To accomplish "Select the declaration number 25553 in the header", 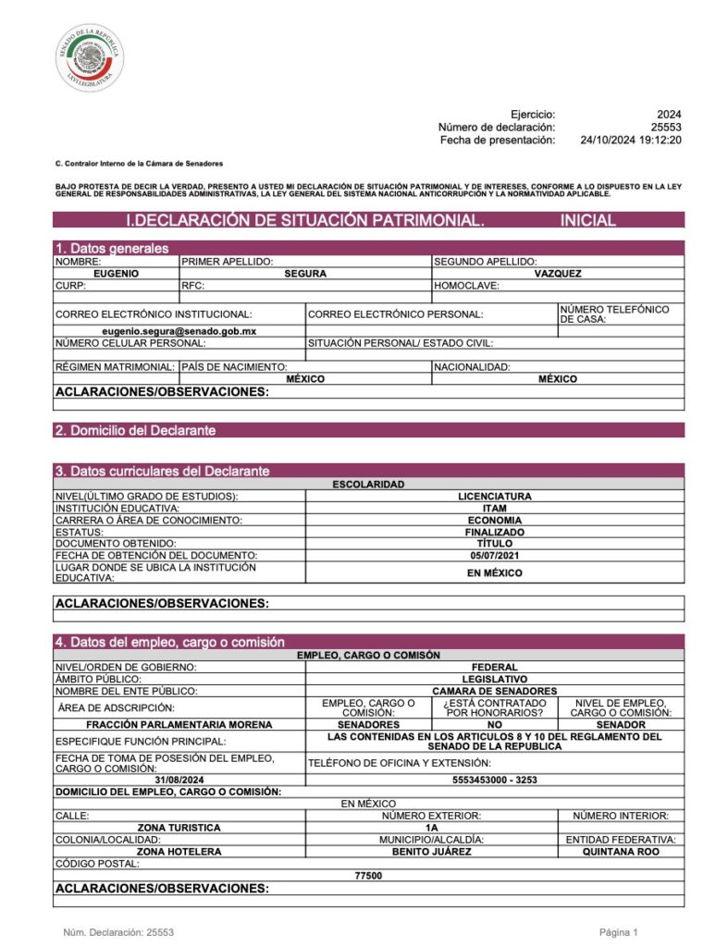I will (665, 127).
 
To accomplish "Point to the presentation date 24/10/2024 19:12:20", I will (631, 140).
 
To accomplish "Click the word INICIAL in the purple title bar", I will (587, 220).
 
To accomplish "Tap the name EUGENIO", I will (116, 274).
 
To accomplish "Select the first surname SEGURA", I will (305, 274).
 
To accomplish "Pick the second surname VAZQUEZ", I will (558, 274).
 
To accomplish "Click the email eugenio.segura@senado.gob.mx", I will (179, 330).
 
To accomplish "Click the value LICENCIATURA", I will (494, 496).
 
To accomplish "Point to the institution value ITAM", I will (494, 508).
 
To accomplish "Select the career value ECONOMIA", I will (494, 520).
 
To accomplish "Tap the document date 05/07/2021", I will (494, 555).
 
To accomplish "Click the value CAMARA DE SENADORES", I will (494, 691).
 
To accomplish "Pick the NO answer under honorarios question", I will (494, 724).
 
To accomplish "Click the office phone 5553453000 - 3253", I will (494, 780).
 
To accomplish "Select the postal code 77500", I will (368, 875).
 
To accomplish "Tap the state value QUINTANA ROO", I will (621, 852).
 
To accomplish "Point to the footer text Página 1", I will (619, 932).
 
